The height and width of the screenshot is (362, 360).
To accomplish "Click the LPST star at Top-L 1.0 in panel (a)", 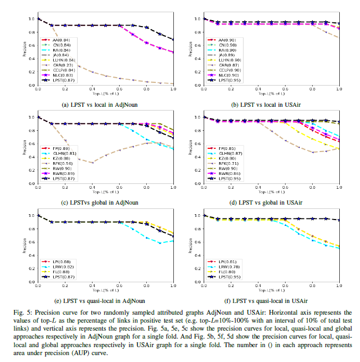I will [174, 39].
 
